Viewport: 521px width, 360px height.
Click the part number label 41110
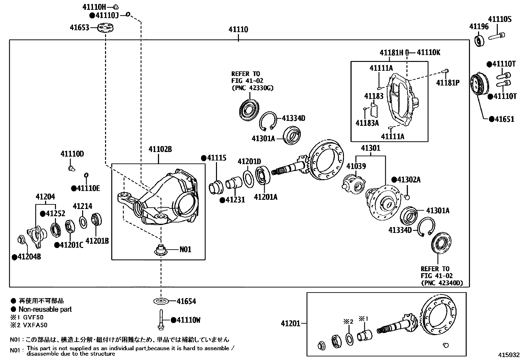[x=238, y=29]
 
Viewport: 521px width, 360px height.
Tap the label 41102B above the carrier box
[x=160, y=149]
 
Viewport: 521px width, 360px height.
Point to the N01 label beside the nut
[x=185, y=250]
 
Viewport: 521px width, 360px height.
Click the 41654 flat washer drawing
[x=160, y=301]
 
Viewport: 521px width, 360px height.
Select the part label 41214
[x=82, y=206]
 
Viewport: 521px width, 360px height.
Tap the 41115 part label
[x=216, y=158]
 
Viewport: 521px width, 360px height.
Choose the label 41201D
[x=249, y=161]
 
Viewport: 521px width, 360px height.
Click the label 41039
[x=356, y=166]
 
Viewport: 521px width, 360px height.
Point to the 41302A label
[x=408, y=180]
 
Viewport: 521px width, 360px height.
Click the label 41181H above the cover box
[x=391, y=52]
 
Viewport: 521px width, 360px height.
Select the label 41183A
[x=367, y=123]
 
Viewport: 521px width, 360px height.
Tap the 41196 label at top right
[x=478, y=27]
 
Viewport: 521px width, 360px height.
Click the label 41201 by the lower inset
[x=290, y=324]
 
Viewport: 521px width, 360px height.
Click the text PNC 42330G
[x=252, y=88]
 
